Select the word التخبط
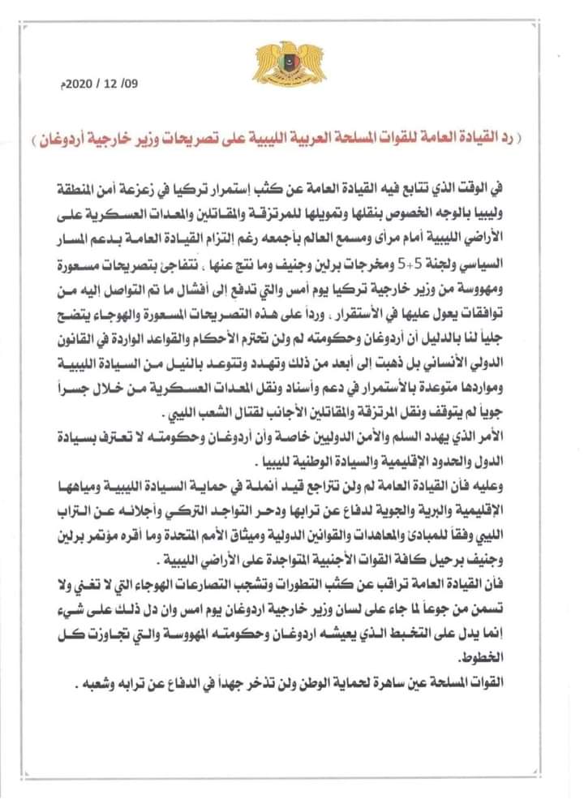[x=437, y=629]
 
